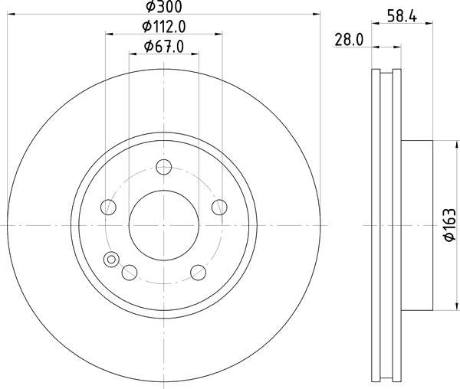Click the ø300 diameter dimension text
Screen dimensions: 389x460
[x=163, y=7]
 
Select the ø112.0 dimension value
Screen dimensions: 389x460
[x=164, y=27]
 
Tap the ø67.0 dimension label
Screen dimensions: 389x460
[x=164, y=47]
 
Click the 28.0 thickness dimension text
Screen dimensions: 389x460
[x=348, y=39]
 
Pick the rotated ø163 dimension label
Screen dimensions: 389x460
[x=450, y=226]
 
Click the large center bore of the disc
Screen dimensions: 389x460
[x=163, y=224]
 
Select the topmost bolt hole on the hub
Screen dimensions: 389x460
[x=163, y=167]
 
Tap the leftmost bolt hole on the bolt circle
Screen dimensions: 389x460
[x=109, y=207]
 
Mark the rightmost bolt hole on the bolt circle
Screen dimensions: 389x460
[x=219, y=207]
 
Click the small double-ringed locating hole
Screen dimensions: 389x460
[x=112, y=260]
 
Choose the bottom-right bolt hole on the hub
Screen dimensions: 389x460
[x=197, y=271]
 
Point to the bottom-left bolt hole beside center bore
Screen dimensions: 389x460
[x=130, y=271]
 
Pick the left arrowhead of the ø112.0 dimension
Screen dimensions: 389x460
[x=108, y=34]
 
